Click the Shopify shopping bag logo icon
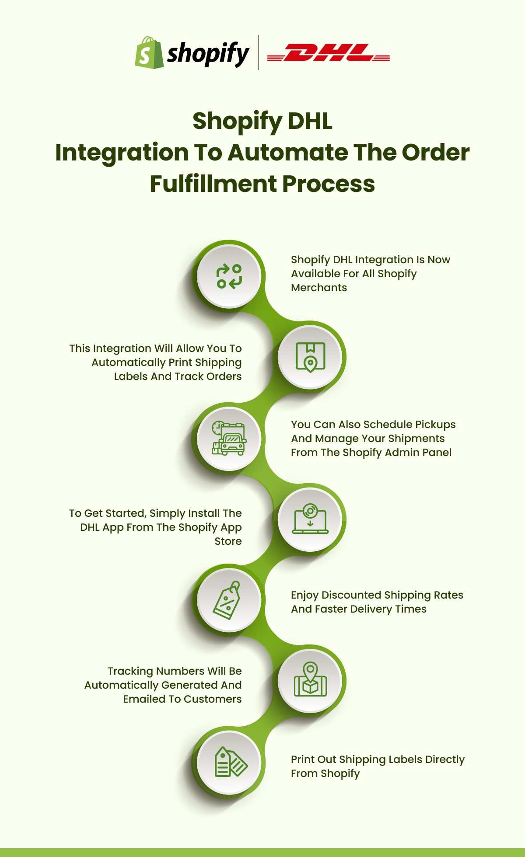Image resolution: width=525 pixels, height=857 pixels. click(149, 53)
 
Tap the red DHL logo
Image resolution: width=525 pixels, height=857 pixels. click(328, 53)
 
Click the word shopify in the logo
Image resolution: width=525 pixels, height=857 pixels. click(208, 54)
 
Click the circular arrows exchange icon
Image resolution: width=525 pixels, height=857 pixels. click(229, 276)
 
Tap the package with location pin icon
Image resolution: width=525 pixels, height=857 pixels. click(310, 357)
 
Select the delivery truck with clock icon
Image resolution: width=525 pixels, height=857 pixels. click(229, 439)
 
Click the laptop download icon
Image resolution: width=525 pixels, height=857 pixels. click(310, 519)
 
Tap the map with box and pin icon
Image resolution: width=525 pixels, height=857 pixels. click(310, 680)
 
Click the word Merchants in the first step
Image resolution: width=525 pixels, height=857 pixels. click(319, 288)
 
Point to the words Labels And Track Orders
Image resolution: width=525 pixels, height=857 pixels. click(178, 376)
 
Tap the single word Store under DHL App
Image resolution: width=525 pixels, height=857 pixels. click(228, 541)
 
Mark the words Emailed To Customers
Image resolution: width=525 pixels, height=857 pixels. click(182, 699)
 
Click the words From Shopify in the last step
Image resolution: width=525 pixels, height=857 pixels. click(325, 773)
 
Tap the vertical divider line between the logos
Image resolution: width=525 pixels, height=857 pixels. click(259, 52)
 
